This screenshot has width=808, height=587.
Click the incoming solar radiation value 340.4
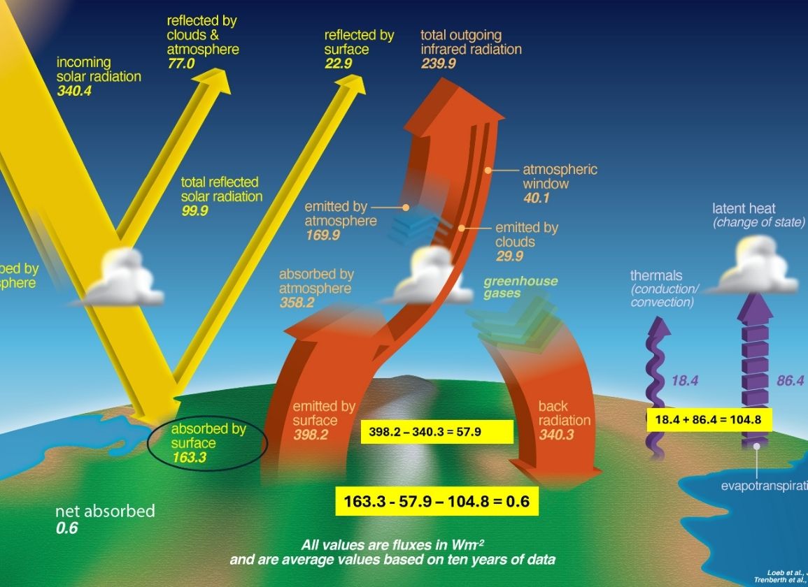pos(74,91)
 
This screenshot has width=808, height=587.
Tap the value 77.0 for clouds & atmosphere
pos(180,64)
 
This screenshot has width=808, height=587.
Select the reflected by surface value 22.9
pos(338,64)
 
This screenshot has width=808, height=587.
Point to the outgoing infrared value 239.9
pos(438,64)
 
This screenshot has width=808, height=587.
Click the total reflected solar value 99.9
pos(194,211)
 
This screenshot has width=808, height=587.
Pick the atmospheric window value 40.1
pos(537,198)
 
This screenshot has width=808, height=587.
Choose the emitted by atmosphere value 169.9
pos(323,235)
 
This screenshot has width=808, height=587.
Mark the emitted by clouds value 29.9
pos(509,256)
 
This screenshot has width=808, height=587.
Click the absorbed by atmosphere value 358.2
pos(297,303)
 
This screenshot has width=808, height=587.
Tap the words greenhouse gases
pos(520,287)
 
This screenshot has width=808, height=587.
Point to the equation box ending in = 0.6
pos(437,501)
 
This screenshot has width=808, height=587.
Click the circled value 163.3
pos(190,458)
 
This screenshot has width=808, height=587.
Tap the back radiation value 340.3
pos(556,435)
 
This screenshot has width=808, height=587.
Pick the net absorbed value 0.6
pos(66,528)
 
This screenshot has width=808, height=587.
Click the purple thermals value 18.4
pos(685,381)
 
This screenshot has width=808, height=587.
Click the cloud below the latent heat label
pos(756,267)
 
